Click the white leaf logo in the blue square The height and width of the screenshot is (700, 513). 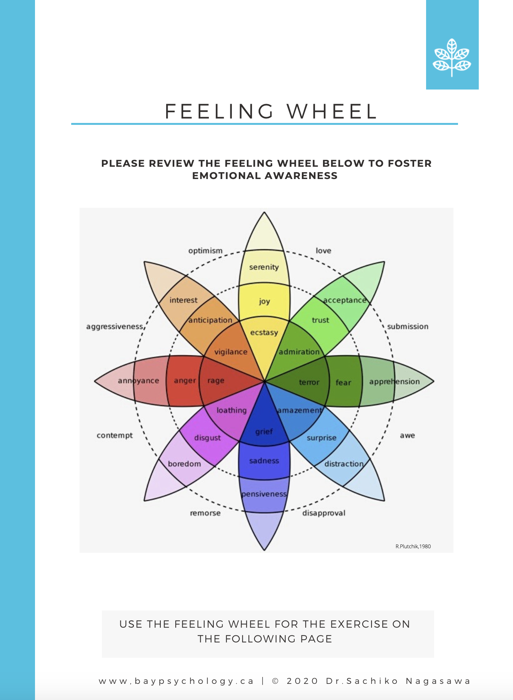[x=452, y=58]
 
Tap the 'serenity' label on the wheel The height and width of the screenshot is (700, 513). [x=264, y=267]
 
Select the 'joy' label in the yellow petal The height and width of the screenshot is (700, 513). [x=264, y=301]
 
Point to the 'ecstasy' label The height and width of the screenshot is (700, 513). [x=264, y=332]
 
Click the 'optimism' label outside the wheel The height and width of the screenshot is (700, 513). [x=205, y=250]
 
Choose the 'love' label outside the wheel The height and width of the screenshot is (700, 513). [x=323, y=250]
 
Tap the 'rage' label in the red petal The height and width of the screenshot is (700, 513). [x=216, y=381]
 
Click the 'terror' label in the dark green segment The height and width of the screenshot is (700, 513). [x=309, y=382]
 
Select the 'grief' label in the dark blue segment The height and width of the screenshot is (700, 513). [x=264, y=431]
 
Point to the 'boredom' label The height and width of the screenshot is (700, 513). [x=184, y=464]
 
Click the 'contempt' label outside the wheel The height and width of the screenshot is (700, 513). [x=115, y=435]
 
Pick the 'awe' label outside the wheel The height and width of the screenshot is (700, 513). [x=407, y=435]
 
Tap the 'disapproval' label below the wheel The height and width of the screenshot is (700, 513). [x=324, y=513]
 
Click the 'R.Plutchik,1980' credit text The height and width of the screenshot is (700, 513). [x=413, y=546]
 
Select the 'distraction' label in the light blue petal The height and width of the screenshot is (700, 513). [x=344, y=464]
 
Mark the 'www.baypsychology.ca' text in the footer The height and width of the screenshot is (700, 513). [x=176, y=681]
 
